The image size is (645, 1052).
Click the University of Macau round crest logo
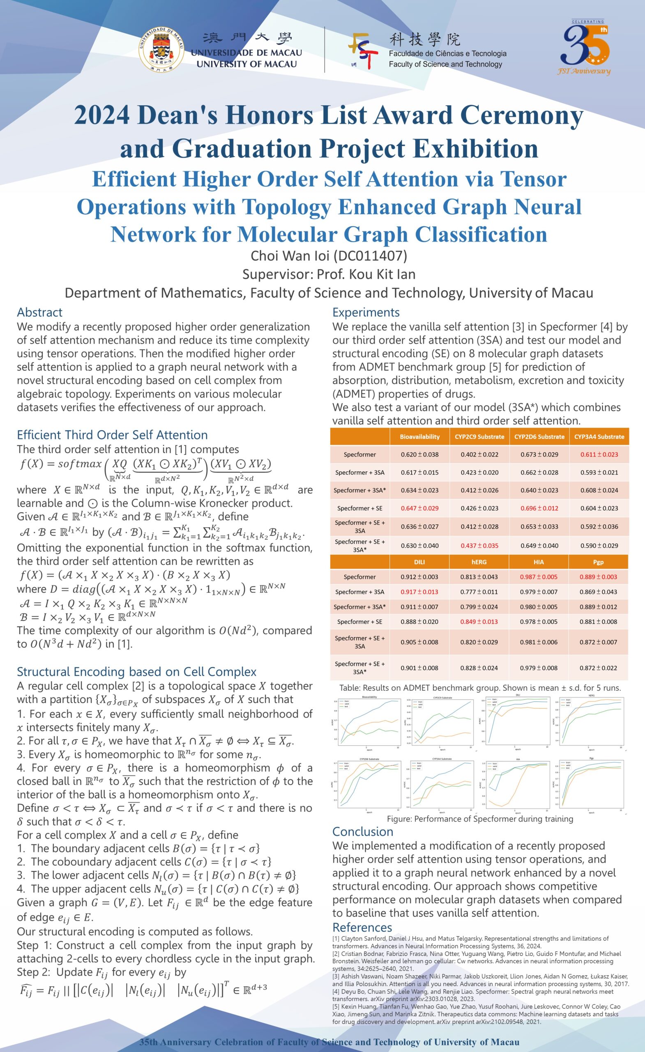(161, 50)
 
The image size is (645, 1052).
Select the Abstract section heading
(40, 312)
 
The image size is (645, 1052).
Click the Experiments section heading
(366, 312)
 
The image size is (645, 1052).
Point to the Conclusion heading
(362, 831)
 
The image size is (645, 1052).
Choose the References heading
(362, 927)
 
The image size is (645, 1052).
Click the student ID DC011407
(370, 255)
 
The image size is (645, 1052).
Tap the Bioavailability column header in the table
(419, 436)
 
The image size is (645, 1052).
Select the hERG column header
(479, 562)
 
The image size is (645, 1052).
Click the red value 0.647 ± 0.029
(419, 508)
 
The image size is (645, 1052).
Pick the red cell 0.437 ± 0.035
(479, 545)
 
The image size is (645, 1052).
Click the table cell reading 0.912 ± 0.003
(419, 577)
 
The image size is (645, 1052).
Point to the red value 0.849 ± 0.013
(479, 622)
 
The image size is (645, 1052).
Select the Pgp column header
(598, 562)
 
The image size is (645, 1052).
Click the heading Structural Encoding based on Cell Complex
(136, 671)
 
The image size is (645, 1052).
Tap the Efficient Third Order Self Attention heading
(112, 435)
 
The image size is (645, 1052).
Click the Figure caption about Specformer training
(480, 819)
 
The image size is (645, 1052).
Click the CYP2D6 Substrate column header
(539, 436)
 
